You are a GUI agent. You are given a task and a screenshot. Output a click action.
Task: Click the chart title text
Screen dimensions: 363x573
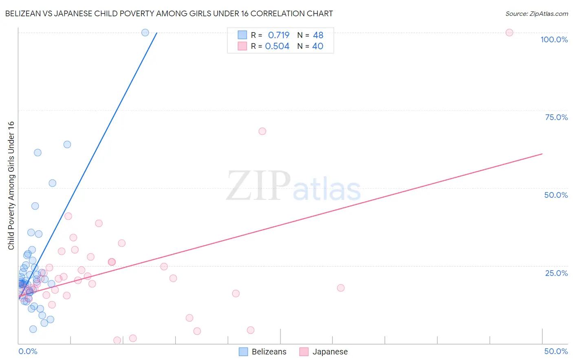click(169, 14)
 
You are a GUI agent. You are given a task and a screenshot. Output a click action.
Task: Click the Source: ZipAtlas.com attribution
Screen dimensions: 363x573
click(536, 14)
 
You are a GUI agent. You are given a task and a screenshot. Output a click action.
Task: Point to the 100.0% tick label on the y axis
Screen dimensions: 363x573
click(554, 39)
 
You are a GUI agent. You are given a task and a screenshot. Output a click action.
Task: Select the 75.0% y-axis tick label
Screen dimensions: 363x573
click(556, 117)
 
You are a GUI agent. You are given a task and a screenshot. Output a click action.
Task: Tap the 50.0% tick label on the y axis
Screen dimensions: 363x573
click(556, 195)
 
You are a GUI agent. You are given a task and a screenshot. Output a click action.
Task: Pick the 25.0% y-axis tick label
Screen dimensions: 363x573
click(556, 273)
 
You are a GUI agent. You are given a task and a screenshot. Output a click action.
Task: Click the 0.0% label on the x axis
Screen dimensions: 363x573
click(28, 351)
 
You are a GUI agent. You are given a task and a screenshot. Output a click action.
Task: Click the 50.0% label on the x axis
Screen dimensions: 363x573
click(556, 351)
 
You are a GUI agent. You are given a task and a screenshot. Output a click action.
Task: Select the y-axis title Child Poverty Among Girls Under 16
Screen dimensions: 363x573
click(11, 186)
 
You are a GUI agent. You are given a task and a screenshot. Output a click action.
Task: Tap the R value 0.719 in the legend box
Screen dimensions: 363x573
click(278, 35)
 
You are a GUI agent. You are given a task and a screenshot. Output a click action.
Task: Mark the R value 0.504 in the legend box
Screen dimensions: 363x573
click(277, 46)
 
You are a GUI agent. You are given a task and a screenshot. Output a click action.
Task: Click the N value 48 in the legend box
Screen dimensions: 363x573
click(318, 35)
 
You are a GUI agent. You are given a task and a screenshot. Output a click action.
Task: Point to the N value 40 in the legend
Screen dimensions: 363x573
click(317, 46)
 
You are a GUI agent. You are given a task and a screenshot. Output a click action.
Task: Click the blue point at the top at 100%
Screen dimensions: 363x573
click(145, 33)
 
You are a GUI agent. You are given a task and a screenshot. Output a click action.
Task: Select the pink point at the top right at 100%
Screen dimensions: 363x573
click(509, 33)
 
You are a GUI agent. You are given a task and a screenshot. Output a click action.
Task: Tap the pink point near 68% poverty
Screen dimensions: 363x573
click(262, 131)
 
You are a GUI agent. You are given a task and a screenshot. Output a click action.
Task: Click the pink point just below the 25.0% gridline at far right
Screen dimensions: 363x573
click(341, 288)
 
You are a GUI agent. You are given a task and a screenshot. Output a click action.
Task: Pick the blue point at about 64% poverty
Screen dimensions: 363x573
click(67, 144)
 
